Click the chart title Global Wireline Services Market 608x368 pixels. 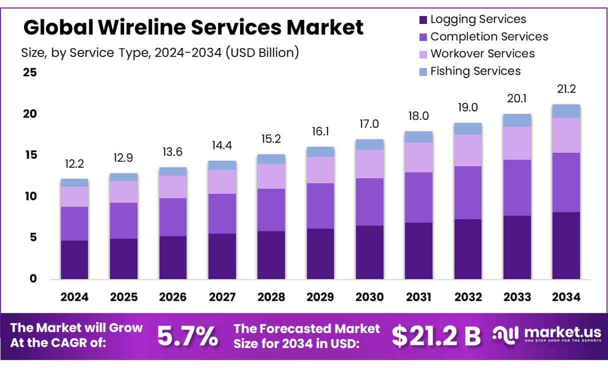click(x=193, y=27)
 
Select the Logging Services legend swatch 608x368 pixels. click(x=422, y=20)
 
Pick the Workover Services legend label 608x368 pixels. click(x=482, y=53)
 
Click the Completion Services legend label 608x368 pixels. click(x=489, y=36)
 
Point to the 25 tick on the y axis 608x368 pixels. click(x=30, y=72)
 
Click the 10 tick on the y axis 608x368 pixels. click(x=30, y=196)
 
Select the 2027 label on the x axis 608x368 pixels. click(x=222, y=297)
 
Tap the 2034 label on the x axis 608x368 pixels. click(x=566, y=297)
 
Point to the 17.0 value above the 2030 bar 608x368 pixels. click(x=369, y=123)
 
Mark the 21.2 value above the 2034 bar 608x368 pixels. click(x=566, y=89)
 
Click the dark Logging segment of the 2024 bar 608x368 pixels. click(x=74, y=260)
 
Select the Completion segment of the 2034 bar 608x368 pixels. click(x=566, y=182)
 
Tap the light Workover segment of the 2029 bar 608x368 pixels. click(x=320, y=170)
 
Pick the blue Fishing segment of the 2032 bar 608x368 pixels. click(x=468, y=128)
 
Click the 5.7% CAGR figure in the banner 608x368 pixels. click(x=187, y=337)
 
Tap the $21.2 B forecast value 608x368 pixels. click(x=436, y=337)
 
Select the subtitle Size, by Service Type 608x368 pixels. click(x=160, y=52)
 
